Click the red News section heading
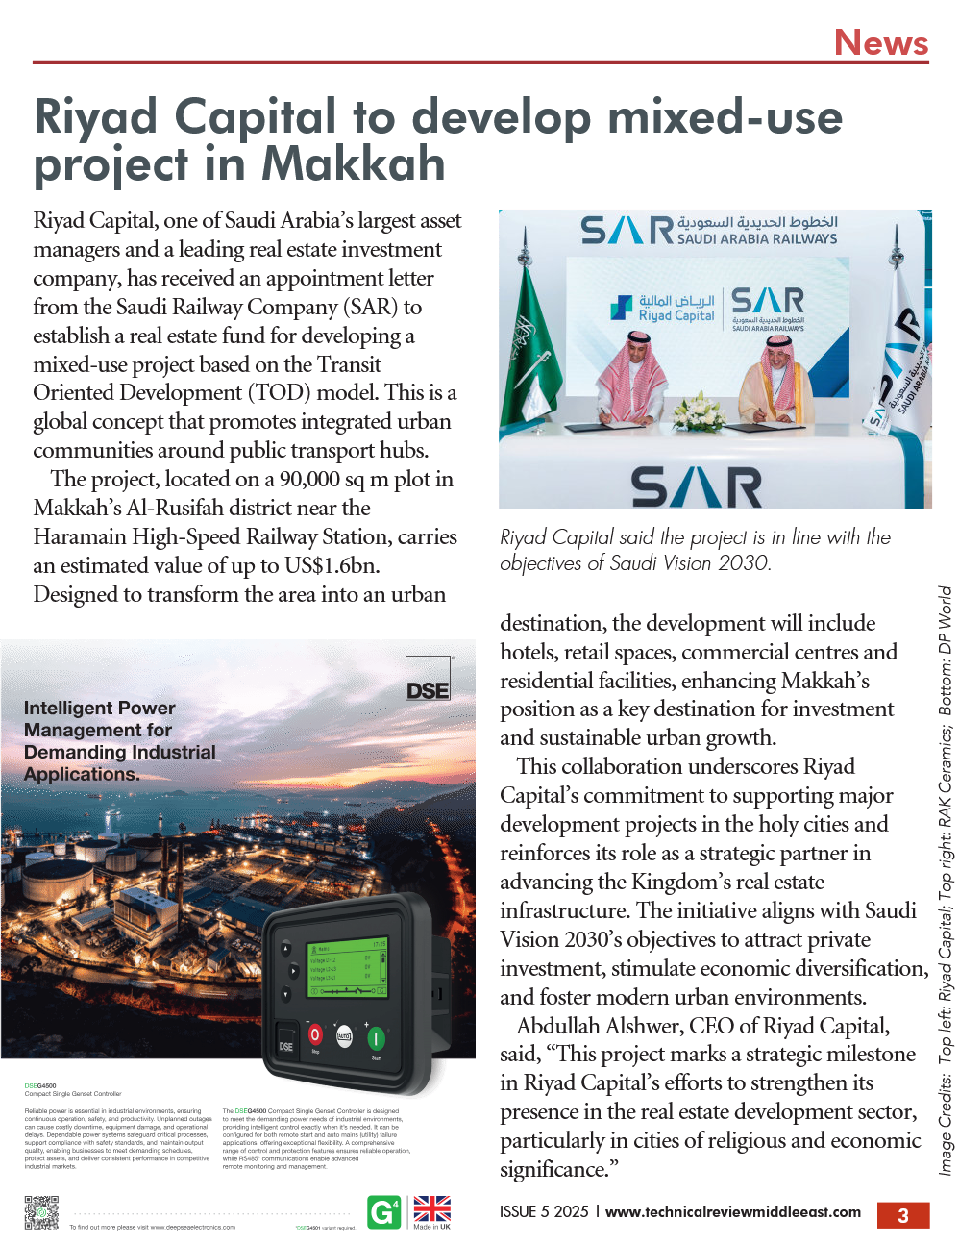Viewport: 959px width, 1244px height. pyautogui.click(x=880, y=42)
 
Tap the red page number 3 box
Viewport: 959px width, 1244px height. pyautogui.click(x=902, y=1215)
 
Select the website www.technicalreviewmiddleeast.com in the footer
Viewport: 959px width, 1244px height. pyautogui.click(x=732, y=1211)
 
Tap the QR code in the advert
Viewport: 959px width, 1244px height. pyautogui.click(x=41, y=1212)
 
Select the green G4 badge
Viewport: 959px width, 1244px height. pyautogui.click(x=383, y=1212)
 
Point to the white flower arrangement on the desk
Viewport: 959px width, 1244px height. pyautogui.click(x=699, y=412)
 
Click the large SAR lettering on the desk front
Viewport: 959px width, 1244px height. pyautogui.click(x=697, y=486)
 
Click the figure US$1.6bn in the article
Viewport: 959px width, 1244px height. pyautogui.click(x=332, y=565)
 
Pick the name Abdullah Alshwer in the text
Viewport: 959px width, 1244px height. pyautogui.click(x=596, y=1026)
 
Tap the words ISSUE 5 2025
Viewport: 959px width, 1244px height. pyautogui.click(x=544, y=1211)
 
